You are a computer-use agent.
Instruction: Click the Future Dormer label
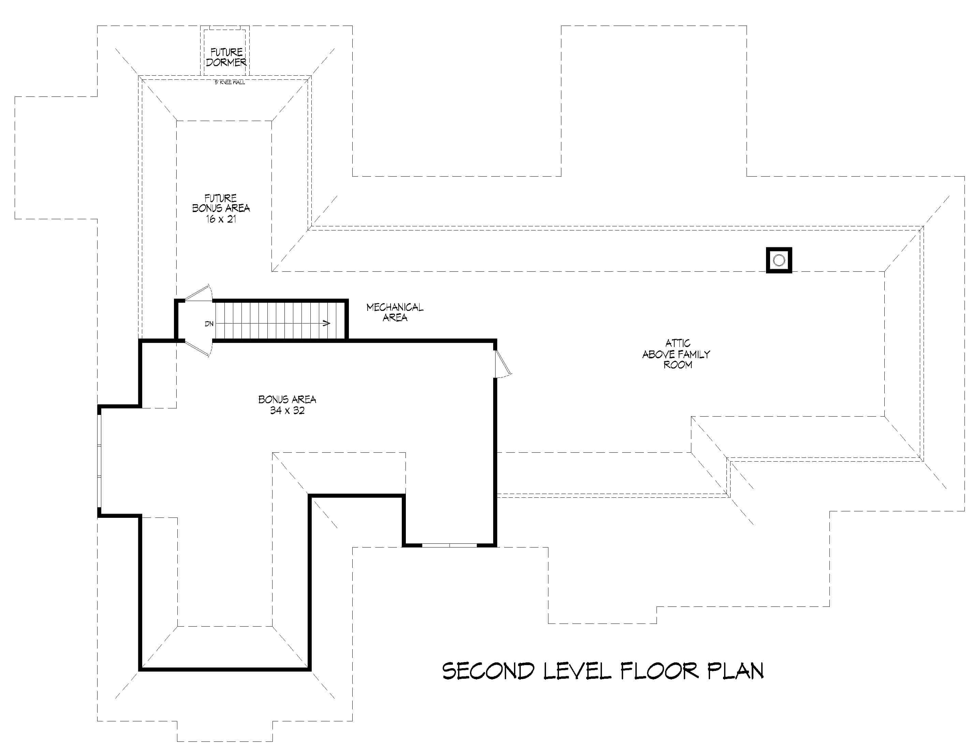point(226,57)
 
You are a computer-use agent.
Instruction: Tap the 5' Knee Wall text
point(230,82)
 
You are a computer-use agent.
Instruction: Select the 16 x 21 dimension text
point(221,219)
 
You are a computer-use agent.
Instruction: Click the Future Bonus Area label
point(221,203)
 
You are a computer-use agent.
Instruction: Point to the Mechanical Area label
point(395,312)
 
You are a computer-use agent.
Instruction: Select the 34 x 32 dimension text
point(287,410)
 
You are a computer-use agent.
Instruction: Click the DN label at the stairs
point(209,324)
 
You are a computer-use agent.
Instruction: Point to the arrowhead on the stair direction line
point(327,324)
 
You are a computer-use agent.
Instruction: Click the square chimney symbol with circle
point(779,260)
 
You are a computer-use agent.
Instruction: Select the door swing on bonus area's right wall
point(503,364)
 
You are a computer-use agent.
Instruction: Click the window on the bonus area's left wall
point(100,461)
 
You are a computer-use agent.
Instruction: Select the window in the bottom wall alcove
point(450,545)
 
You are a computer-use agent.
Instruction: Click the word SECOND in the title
point(488,671)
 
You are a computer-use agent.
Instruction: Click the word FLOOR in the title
point(660,671)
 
